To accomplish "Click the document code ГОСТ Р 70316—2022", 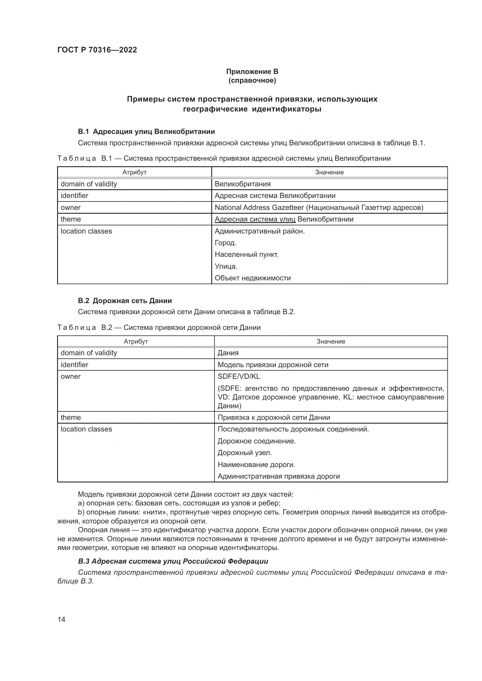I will tap(97, 50).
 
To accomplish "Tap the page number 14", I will tap(61, 619).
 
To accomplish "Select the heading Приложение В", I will tap(252, 72).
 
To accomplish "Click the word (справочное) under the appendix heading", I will tap(252, 80).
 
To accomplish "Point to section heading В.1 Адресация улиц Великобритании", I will tap(146, 131).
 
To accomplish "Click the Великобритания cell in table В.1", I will tap(242, 184).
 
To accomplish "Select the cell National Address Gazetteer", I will tap(319, 208).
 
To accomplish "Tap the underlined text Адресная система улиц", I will tap(255, 219).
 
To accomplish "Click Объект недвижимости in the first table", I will tap(253, 278).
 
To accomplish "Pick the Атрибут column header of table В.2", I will tap(136, 342).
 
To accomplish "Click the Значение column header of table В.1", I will tap(329, 172).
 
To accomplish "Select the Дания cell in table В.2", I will tap(228, 353).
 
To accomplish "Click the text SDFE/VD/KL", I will tap(239, 376).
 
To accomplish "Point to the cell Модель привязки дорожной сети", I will tap(273, 365).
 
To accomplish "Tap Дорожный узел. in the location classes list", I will tap(244, 453).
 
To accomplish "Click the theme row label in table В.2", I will tap(71, 417).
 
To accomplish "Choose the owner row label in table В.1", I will tap(71, 208).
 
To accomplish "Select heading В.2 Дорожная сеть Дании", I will tap(125, 301).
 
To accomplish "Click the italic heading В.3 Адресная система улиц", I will tap(173, 561).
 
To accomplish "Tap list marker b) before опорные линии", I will tap(81, 512).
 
